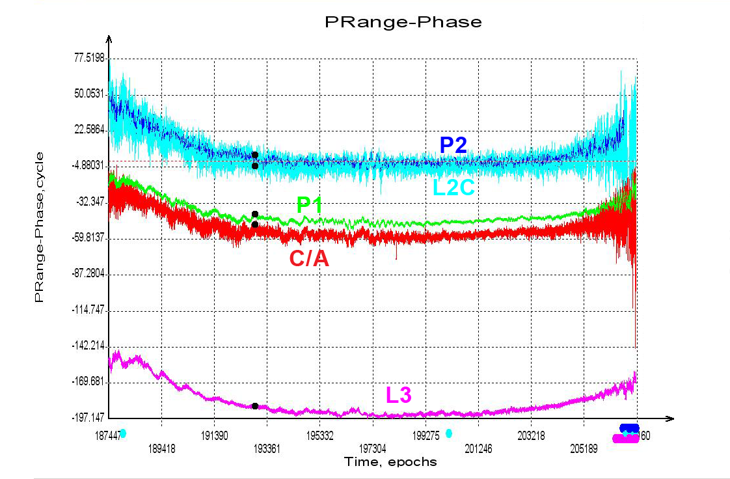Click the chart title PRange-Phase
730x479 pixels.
[x=403, y=22]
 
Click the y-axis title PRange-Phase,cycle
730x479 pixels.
[x=40, y=226]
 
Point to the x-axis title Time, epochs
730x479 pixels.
[x=390, y=462]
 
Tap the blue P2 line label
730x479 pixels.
[x=453, y=145]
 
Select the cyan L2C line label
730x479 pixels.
[x=455, y=188]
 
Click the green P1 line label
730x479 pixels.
[x=310, y=206]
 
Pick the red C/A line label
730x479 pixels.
[x=309, y=259]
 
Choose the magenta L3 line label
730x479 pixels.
[x=399, y=395]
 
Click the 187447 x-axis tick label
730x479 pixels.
[x=107, y=434]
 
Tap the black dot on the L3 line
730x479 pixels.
[x=255, y=406]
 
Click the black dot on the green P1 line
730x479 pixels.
[x=255, y=214]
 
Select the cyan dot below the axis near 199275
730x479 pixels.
[x=449, y=433]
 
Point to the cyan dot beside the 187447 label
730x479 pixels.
[x=123, y=433]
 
